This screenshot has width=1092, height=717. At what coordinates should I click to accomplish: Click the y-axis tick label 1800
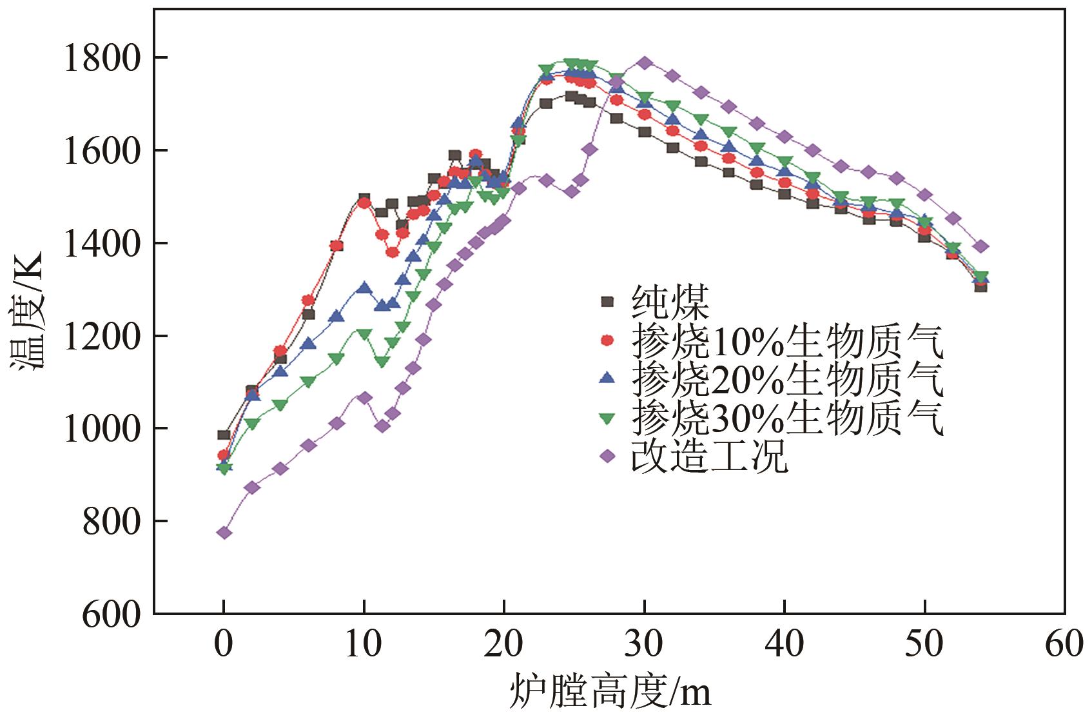101,58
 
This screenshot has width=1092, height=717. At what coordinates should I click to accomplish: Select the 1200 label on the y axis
101,336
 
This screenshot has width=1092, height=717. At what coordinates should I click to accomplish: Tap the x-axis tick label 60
1064,645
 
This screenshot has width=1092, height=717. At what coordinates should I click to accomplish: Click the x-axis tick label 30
643,645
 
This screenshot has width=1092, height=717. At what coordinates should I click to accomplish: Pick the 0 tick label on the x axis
223,645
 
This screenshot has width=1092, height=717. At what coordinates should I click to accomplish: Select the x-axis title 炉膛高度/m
611,693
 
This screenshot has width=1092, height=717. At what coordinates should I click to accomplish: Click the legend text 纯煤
670,302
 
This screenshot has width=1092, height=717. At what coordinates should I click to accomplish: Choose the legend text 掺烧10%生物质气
787,341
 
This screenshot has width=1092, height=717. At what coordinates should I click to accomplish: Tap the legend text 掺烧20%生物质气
787,380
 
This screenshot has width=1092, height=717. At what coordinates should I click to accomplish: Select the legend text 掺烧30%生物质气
787,418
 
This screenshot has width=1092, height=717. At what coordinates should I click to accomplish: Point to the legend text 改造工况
709,457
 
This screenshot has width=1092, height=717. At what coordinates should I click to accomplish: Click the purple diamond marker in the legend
606,457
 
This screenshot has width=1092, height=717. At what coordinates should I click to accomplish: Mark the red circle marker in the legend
606,340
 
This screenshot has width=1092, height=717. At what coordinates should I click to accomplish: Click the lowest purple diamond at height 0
224,533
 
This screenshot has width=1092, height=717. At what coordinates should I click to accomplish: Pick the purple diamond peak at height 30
644,63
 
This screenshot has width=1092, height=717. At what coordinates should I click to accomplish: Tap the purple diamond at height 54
980,246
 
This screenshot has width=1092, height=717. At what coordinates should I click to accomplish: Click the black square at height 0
224,435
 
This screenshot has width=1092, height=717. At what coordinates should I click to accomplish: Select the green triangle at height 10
364,335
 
